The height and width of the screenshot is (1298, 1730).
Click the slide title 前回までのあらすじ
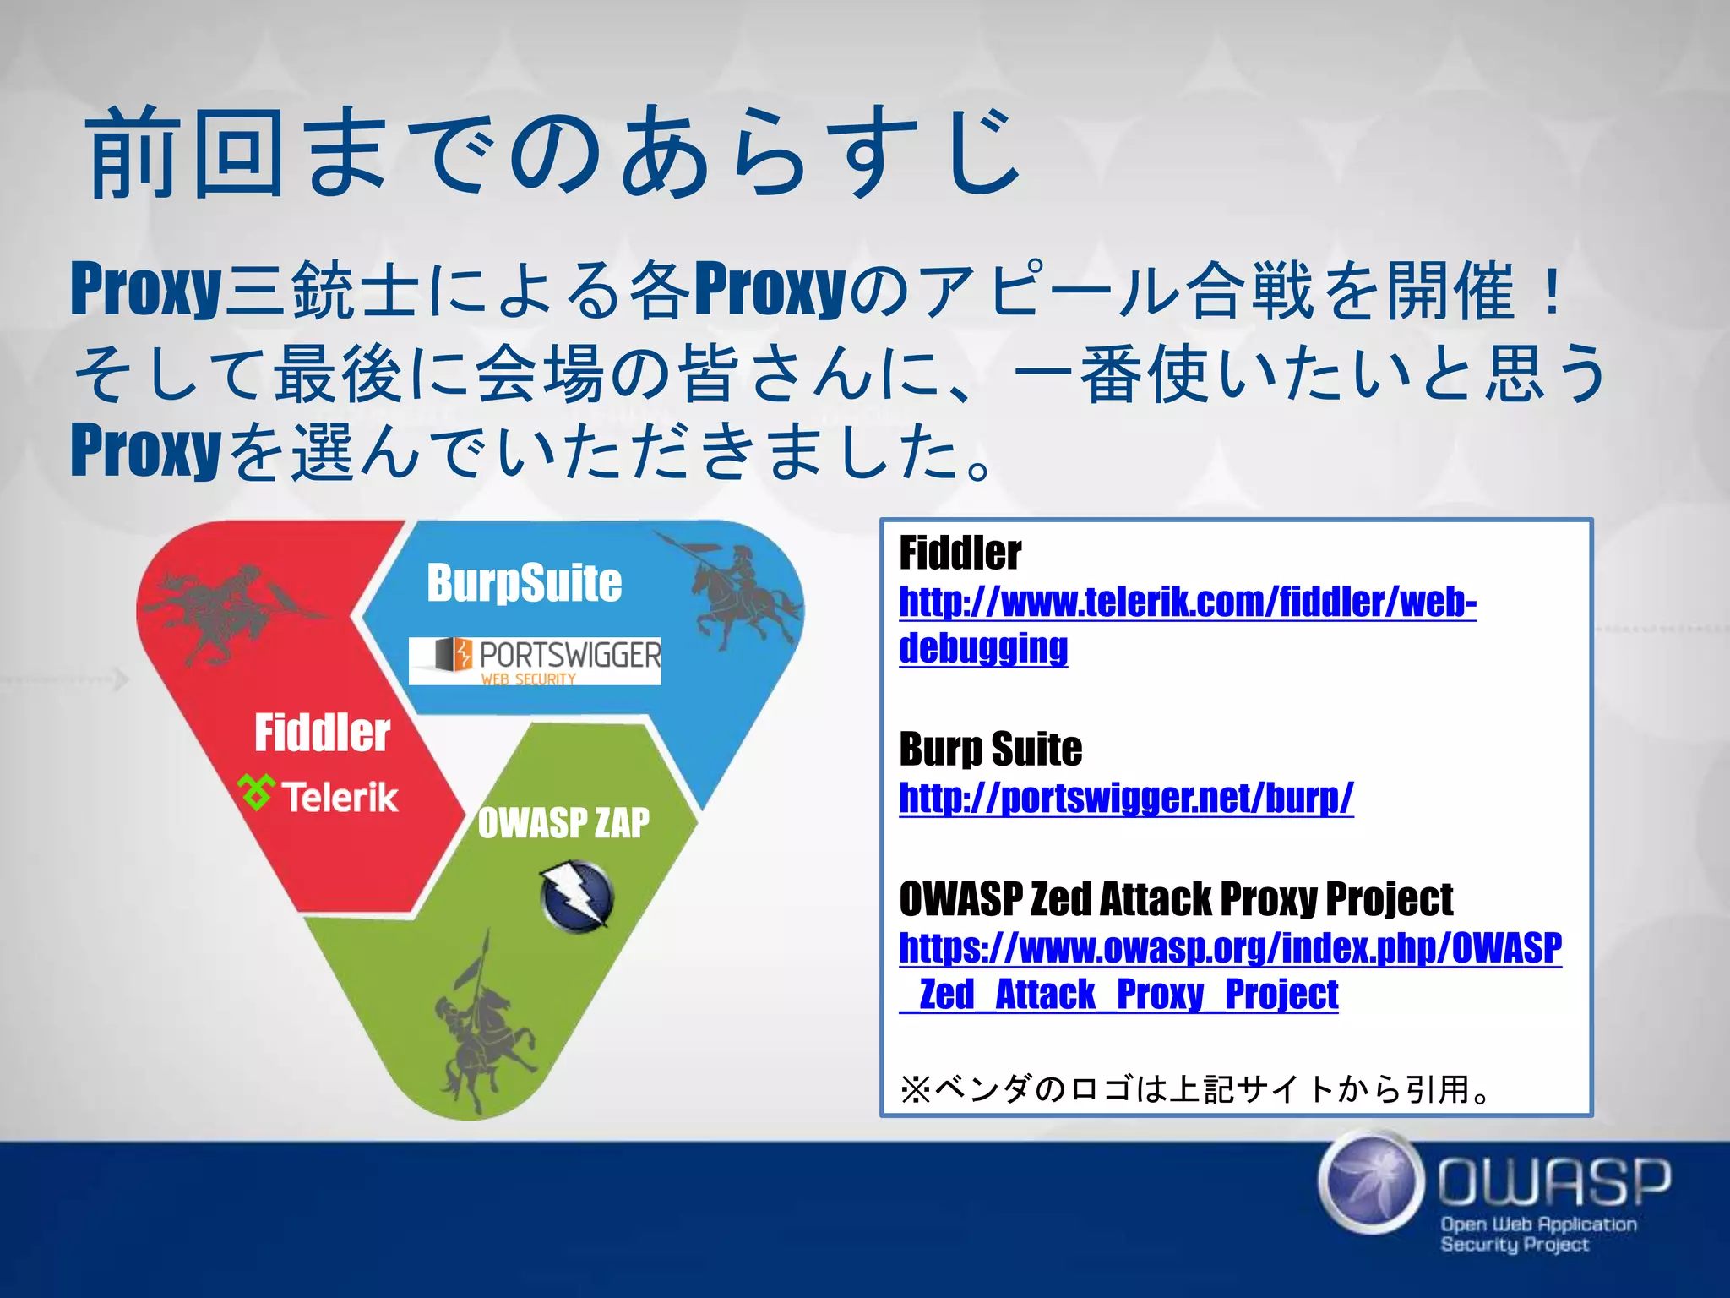pos(553,152)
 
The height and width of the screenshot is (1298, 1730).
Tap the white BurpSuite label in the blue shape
pos(524,583)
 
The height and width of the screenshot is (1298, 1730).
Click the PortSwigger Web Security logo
pos(535,661)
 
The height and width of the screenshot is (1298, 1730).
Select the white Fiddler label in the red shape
pos(322,733)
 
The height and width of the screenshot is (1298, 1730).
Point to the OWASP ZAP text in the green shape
pos(563,823)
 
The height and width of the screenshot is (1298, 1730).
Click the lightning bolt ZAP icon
pos(577,896)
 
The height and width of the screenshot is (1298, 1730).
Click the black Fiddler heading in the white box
pos(960,554)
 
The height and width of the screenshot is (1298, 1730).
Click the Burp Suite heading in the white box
pos(990,749)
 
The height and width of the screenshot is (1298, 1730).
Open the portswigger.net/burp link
pos(1125,797)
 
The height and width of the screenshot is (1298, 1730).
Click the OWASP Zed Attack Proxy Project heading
pos(1175,898)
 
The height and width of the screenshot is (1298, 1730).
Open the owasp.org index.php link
pos(1230,948)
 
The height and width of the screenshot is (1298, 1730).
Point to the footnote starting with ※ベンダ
pos(1195,1088)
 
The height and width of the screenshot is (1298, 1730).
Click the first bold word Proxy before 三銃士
pos(145,289)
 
